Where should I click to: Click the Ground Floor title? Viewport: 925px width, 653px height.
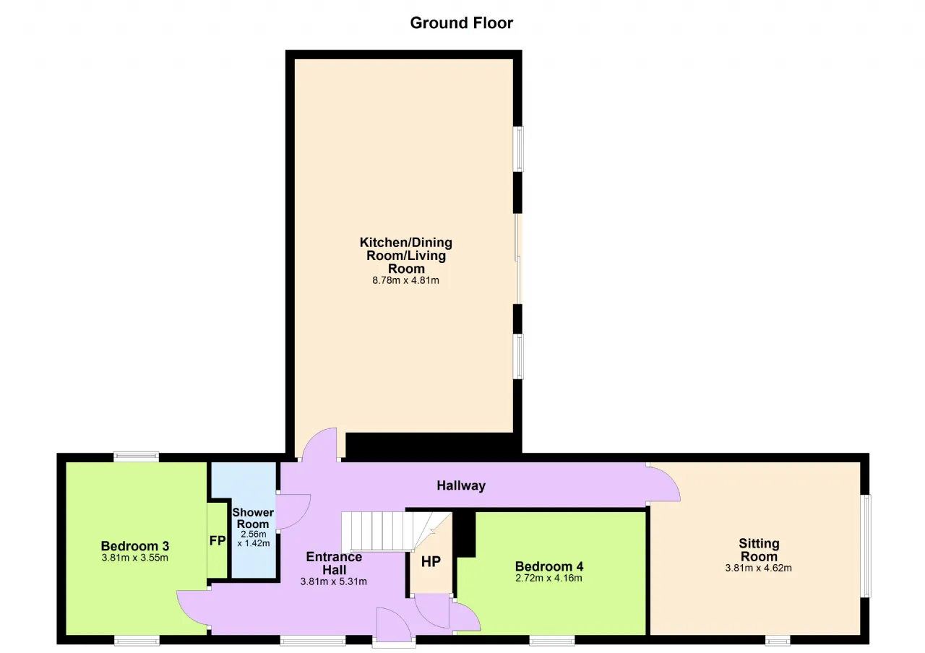click(x=461, y=23)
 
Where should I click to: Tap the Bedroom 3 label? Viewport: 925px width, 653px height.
click(x=135, y=546)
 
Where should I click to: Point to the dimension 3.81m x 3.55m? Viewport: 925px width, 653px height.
click(x=135, y=558)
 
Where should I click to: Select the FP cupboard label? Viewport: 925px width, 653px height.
click(x=218, y=541)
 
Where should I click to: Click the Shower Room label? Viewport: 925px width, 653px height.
click(x=253, y=518)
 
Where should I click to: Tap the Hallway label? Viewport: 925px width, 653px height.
click(x=461, y=485)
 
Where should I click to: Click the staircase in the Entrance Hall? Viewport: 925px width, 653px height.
click(x=397, y=532)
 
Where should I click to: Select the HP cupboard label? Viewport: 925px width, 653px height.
click(x=431, y=561)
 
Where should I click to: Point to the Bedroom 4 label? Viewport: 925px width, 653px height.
click(x=548, y=566)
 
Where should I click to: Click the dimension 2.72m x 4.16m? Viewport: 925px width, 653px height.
click(x=548, y=578)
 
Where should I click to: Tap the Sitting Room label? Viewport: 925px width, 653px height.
click(x=759, y=550)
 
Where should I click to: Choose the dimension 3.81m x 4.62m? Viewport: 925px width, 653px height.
click(x=759, y=568)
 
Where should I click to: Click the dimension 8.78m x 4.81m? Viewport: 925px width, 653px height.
click(x=405, y=281)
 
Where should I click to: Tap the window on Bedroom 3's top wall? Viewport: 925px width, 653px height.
click(x=137, y=457)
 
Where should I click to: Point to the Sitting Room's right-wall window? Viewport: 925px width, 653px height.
click(x=866, y=545)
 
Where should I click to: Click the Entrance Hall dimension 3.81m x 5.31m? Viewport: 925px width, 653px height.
click(x=334, y=581)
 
